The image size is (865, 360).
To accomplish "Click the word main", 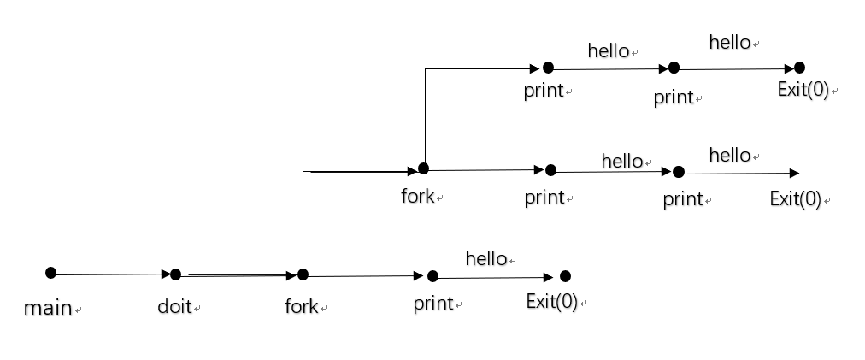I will point(47,308).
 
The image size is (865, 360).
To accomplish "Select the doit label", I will point(174,306).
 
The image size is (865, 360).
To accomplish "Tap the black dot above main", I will point(50,273).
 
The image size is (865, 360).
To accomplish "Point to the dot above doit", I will point(175,274).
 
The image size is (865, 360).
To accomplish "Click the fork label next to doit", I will point(301,306).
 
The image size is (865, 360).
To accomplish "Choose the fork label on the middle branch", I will point(418,197).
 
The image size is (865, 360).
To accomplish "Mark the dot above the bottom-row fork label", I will point(303,274).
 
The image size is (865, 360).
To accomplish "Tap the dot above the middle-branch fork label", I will point(423,168).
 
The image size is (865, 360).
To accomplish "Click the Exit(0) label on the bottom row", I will point(551,302).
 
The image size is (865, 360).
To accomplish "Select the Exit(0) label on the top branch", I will point(803,90).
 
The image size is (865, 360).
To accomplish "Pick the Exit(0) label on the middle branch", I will point(795,199).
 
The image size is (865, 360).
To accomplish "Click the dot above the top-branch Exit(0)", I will point(799,68).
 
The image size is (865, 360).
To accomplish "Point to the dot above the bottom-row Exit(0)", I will point(565,275).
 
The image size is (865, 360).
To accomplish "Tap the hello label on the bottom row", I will point(486,258).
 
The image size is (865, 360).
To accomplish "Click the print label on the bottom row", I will point(433,304).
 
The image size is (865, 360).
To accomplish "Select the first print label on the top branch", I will point(544,91).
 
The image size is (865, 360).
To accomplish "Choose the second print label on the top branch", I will point(674,97).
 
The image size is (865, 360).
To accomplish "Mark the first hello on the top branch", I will point(609,51).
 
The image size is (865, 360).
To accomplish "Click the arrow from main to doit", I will point(111,274).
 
